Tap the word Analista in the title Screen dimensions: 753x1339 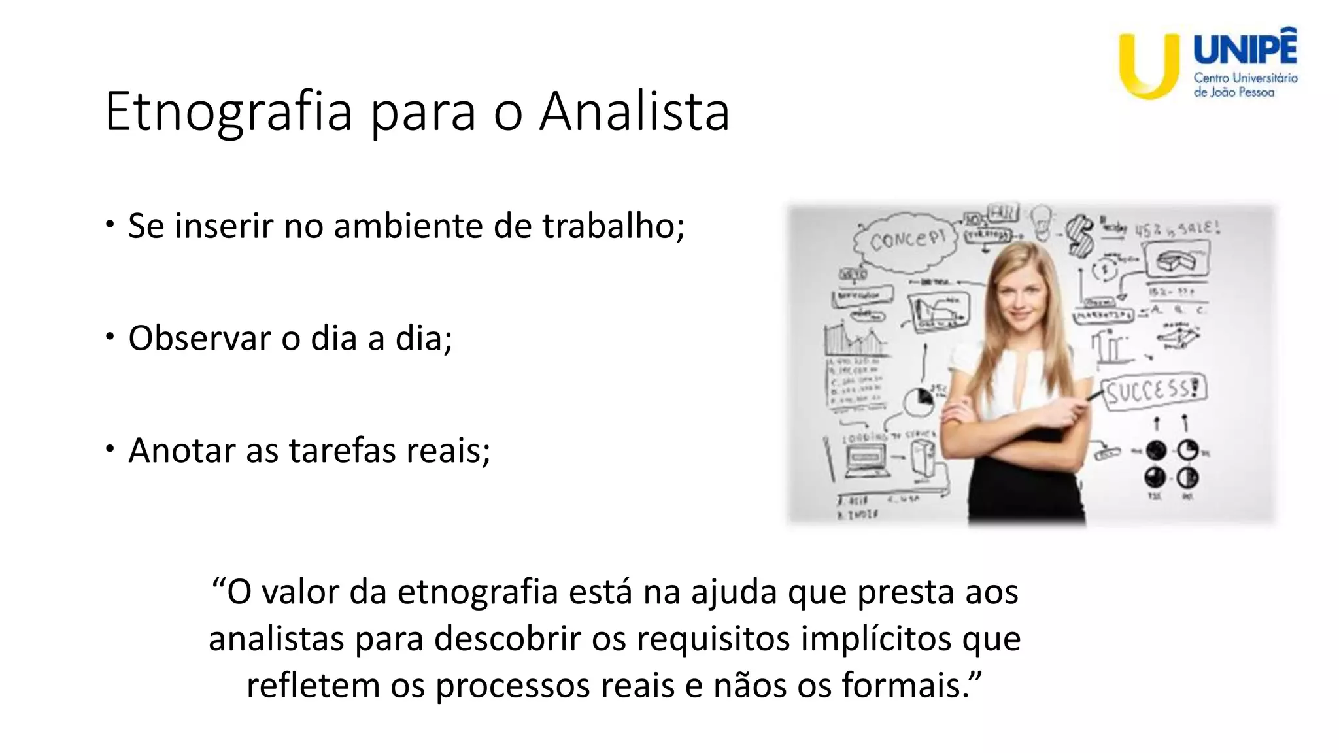click(x=634, y=112)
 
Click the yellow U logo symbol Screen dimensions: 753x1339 click(x=1149, y=65)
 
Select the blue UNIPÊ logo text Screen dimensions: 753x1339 click(x=1245, y=49)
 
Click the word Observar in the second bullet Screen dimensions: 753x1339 click(x=199, y=339)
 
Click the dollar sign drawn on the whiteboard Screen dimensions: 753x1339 click(x=1079, y=237)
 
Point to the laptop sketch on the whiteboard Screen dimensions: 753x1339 click(x=865, y=460)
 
